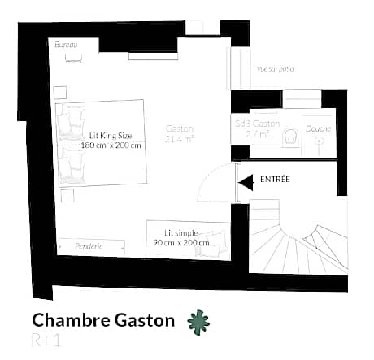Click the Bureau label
coord(67,46)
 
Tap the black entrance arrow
coord(244,184)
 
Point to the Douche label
coord(318,129)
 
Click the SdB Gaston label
coord(258,124)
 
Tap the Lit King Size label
coord(111,135)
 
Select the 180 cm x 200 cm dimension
coord(111,145)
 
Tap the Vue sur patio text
coord(275,69)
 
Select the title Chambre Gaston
coord(103,320)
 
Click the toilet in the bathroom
coord(290,137)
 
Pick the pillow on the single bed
coord(215,241)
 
